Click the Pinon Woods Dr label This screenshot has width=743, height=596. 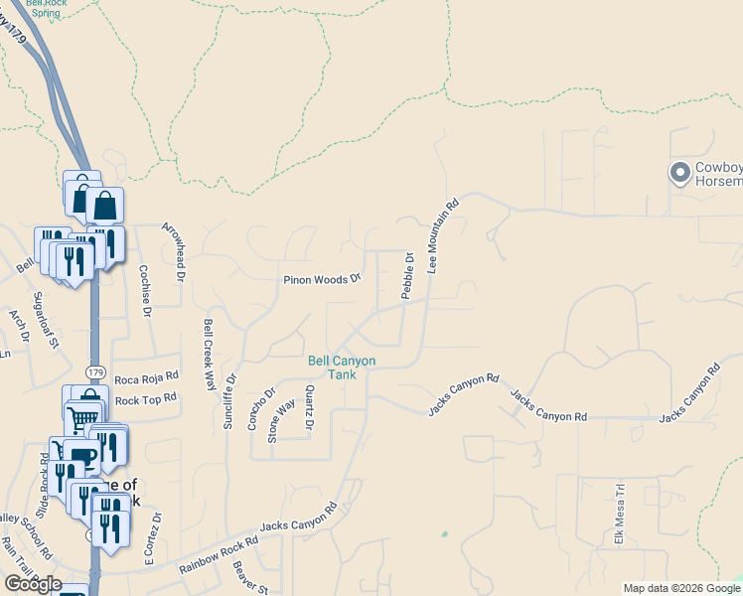[322, 280]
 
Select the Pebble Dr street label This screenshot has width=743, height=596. [407, 275]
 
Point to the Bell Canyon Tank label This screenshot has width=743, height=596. [342, 368]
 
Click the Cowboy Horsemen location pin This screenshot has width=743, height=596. [680, 174]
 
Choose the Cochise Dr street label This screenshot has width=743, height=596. [144, 291]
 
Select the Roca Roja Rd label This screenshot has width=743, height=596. [146, 377]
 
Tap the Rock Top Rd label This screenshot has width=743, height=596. [145, 399]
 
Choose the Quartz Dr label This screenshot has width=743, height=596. [310, 409]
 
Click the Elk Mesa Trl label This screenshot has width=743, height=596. [619, 515]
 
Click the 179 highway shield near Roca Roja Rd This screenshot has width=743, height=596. [95, 372]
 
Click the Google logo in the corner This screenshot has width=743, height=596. [33, 584]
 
